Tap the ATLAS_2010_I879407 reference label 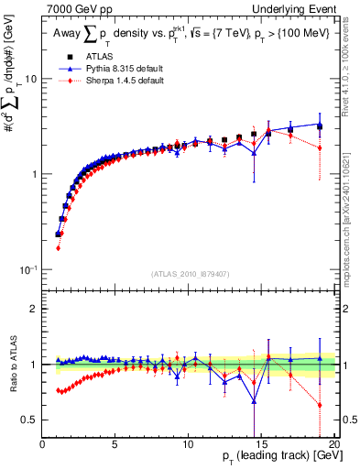coord(190,272)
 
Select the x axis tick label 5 coord(115,443)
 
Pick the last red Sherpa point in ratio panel coord(320,405)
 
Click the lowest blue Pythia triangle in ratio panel coord(254,400)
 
